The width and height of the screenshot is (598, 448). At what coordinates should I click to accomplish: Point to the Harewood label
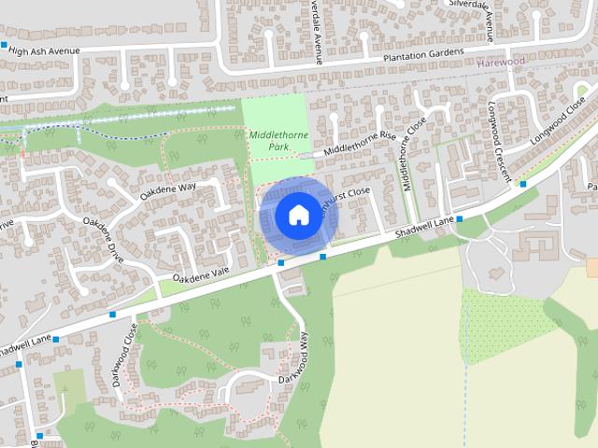(x=501, y=62)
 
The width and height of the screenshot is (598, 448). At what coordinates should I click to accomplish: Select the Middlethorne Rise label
(x=361, y=144)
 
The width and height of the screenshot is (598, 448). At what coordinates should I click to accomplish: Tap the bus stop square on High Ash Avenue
(x=5, y=45)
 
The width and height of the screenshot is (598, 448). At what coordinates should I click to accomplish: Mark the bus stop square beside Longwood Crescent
(x=523, y=184)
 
